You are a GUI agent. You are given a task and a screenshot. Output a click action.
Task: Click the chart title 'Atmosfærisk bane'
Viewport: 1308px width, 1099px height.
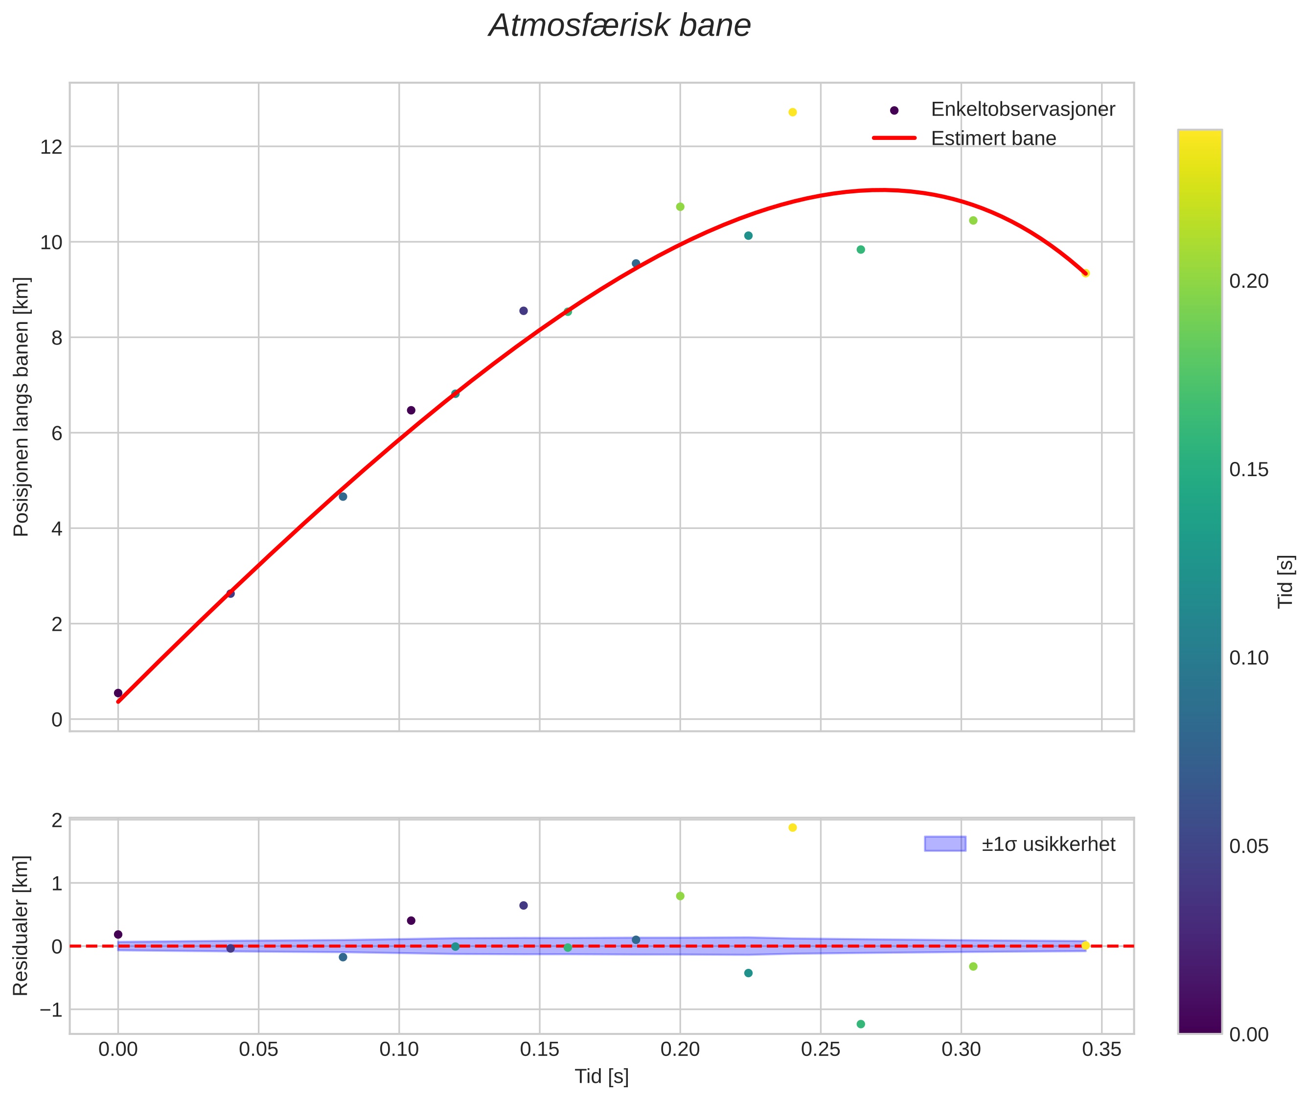[x=620, y=26]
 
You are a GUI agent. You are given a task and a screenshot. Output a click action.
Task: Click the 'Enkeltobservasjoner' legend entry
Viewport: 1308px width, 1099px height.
[x=1022, y=110]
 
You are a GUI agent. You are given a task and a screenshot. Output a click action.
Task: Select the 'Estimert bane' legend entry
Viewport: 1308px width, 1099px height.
[x=993, y=138]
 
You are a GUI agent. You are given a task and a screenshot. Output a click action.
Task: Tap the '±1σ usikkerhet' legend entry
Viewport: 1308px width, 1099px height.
[x=1048, y=844]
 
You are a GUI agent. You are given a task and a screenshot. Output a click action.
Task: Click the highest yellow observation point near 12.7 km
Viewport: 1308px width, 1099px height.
[x=792, y=112]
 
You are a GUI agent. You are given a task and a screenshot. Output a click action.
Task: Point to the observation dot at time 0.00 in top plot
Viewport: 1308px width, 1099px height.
[x=118, y=693]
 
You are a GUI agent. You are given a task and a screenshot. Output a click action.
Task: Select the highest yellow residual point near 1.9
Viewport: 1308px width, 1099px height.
[x=792, y=827]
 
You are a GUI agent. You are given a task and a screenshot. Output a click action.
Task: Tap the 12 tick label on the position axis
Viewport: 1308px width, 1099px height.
[x=51, y=147]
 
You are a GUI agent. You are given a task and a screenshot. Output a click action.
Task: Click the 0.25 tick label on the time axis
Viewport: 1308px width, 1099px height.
[x=820, y=1050]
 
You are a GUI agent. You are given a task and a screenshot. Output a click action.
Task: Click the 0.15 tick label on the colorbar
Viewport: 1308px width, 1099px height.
[x=1248, y=470]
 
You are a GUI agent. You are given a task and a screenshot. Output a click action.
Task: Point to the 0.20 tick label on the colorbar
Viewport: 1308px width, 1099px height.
[x=1248, y=282]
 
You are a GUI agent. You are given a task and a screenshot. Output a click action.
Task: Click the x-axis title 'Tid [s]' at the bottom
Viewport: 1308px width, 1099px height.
[x=601, y=1076]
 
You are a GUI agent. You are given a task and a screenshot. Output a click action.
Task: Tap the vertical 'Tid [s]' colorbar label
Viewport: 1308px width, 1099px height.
[x=1285, y=581]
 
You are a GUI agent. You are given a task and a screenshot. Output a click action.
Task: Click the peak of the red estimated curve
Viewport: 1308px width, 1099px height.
[x=880, y=189]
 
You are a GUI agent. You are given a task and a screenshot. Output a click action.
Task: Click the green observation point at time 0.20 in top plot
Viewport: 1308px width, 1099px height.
[x=680, y=207]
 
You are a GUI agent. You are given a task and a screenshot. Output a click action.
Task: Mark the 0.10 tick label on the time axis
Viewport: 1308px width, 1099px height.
[x=399, y=1050]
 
